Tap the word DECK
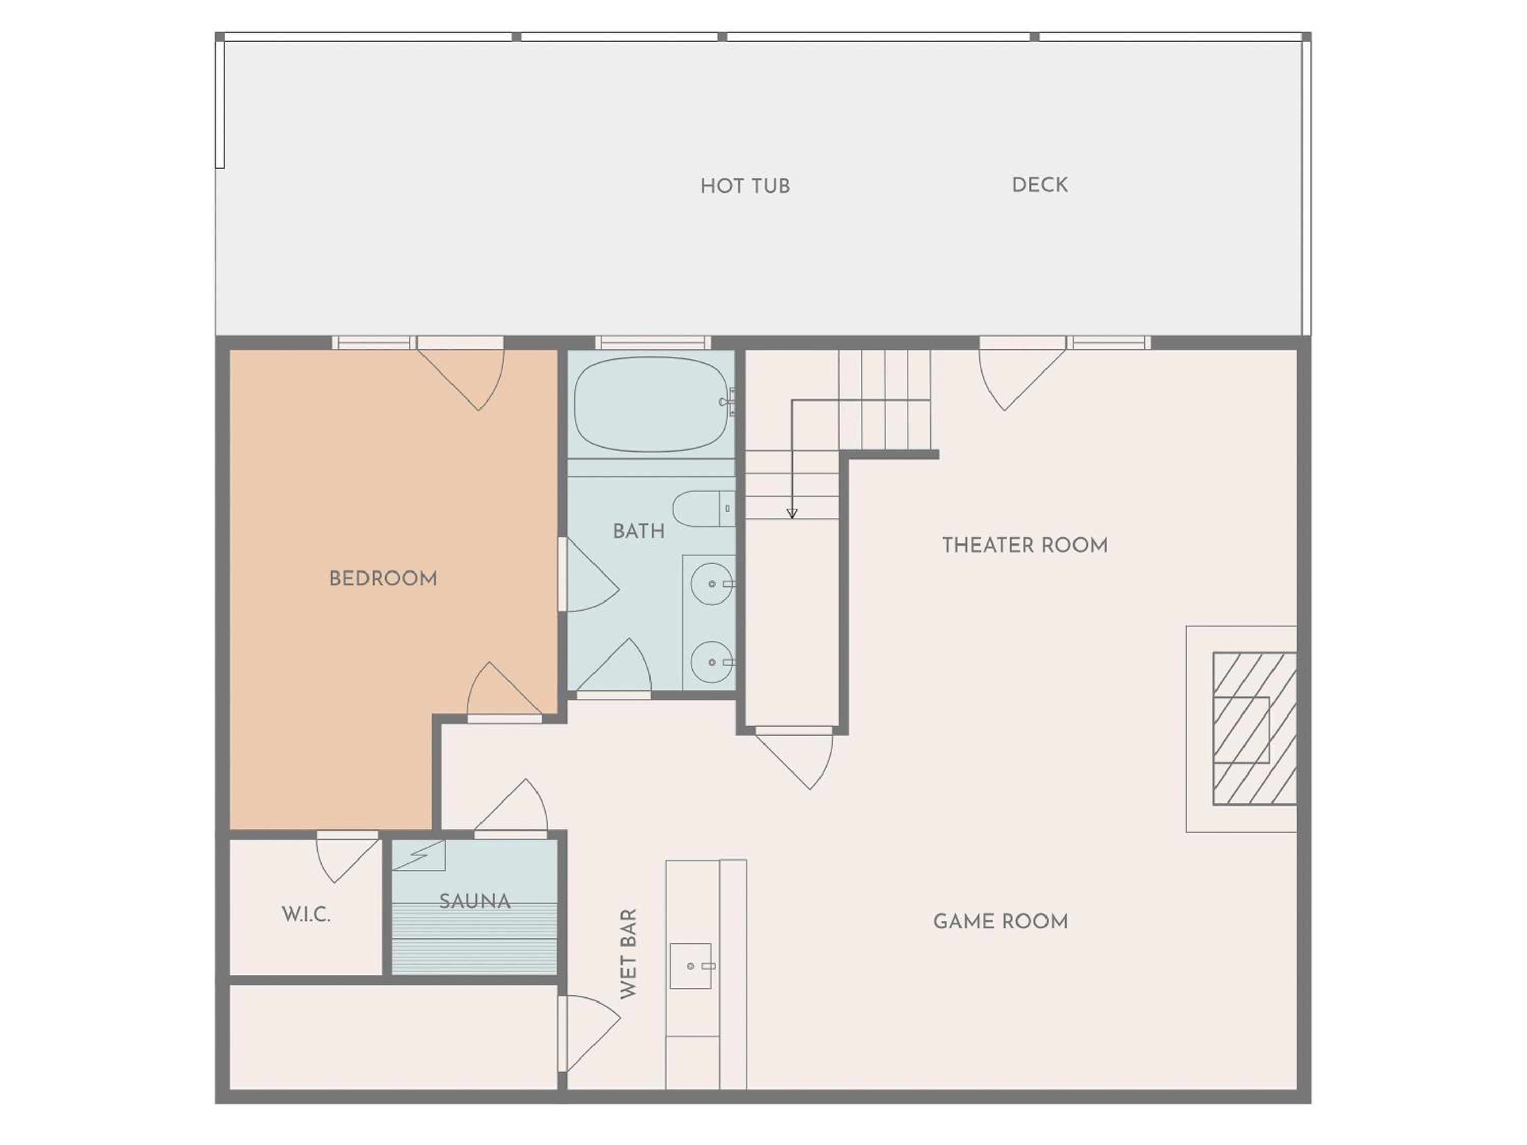1039,185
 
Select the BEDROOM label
383,579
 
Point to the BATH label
639,531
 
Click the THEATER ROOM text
1025,545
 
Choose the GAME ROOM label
1000,922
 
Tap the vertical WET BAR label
628,954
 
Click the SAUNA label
475,901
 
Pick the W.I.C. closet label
306,914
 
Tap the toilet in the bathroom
703,509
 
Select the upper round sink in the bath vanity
712,584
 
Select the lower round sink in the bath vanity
712,662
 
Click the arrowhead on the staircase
792,513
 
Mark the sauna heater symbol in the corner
419,855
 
